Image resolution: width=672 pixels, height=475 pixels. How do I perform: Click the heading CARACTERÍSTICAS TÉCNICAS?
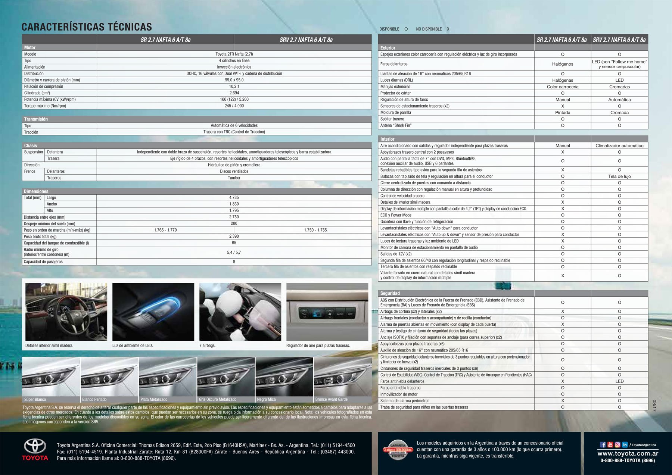[x=87, y=27]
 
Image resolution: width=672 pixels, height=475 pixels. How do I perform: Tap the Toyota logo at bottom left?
[x=35, y=449]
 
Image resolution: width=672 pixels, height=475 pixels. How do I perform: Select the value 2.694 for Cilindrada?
[x=234, y=93]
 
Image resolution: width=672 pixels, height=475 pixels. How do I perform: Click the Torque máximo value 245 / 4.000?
[x=234, y=106]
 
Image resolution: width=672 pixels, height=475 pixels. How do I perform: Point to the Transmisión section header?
[x=36, y=119]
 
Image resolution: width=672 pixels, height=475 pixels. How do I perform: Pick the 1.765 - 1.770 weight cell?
[x=165, y=230]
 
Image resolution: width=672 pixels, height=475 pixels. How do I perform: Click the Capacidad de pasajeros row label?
[x=43, y=262]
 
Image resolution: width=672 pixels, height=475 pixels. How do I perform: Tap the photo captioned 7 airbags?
[x=240, y=312]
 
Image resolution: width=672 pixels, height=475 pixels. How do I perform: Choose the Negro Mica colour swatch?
[x=284, y=377]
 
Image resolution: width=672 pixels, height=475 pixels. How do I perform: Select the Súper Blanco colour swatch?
[x=51, y=377]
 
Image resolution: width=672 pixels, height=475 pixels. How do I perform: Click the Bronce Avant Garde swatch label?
[x=332, y=399]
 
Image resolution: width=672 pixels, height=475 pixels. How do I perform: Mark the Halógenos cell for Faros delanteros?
[x=563, y=64]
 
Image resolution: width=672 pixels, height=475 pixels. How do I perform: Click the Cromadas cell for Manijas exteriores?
[x=619, y=87]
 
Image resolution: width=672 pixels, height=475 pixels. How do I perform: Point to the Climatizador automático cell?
[x=619, y=146]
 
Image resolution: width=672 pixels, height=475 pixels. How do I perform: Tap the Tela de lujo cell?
[x=619, y=176]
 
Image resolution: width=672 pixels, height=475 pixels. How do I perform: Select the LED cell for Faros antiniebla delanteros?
[x=619, y=381]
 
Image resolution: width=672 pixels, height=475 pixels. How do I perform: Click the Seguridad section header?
[x=390, y=293]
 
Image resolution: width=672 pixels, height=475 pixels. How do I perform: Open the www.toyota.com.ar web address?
[x=628, y=453]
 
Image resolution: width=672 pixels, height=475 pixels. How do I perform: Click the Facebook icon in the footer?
[x=603, y=445]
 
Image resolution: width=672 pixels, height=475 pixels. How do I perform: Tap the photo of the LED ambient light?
[x=153, y=312]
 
